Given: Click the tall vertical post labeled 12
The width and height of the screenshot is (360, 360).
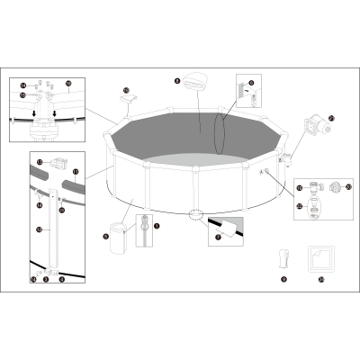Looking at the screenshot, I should coord(51,232).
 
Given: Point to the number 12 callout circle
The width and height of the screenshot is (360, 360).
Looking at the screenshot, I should coord(38,230).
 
